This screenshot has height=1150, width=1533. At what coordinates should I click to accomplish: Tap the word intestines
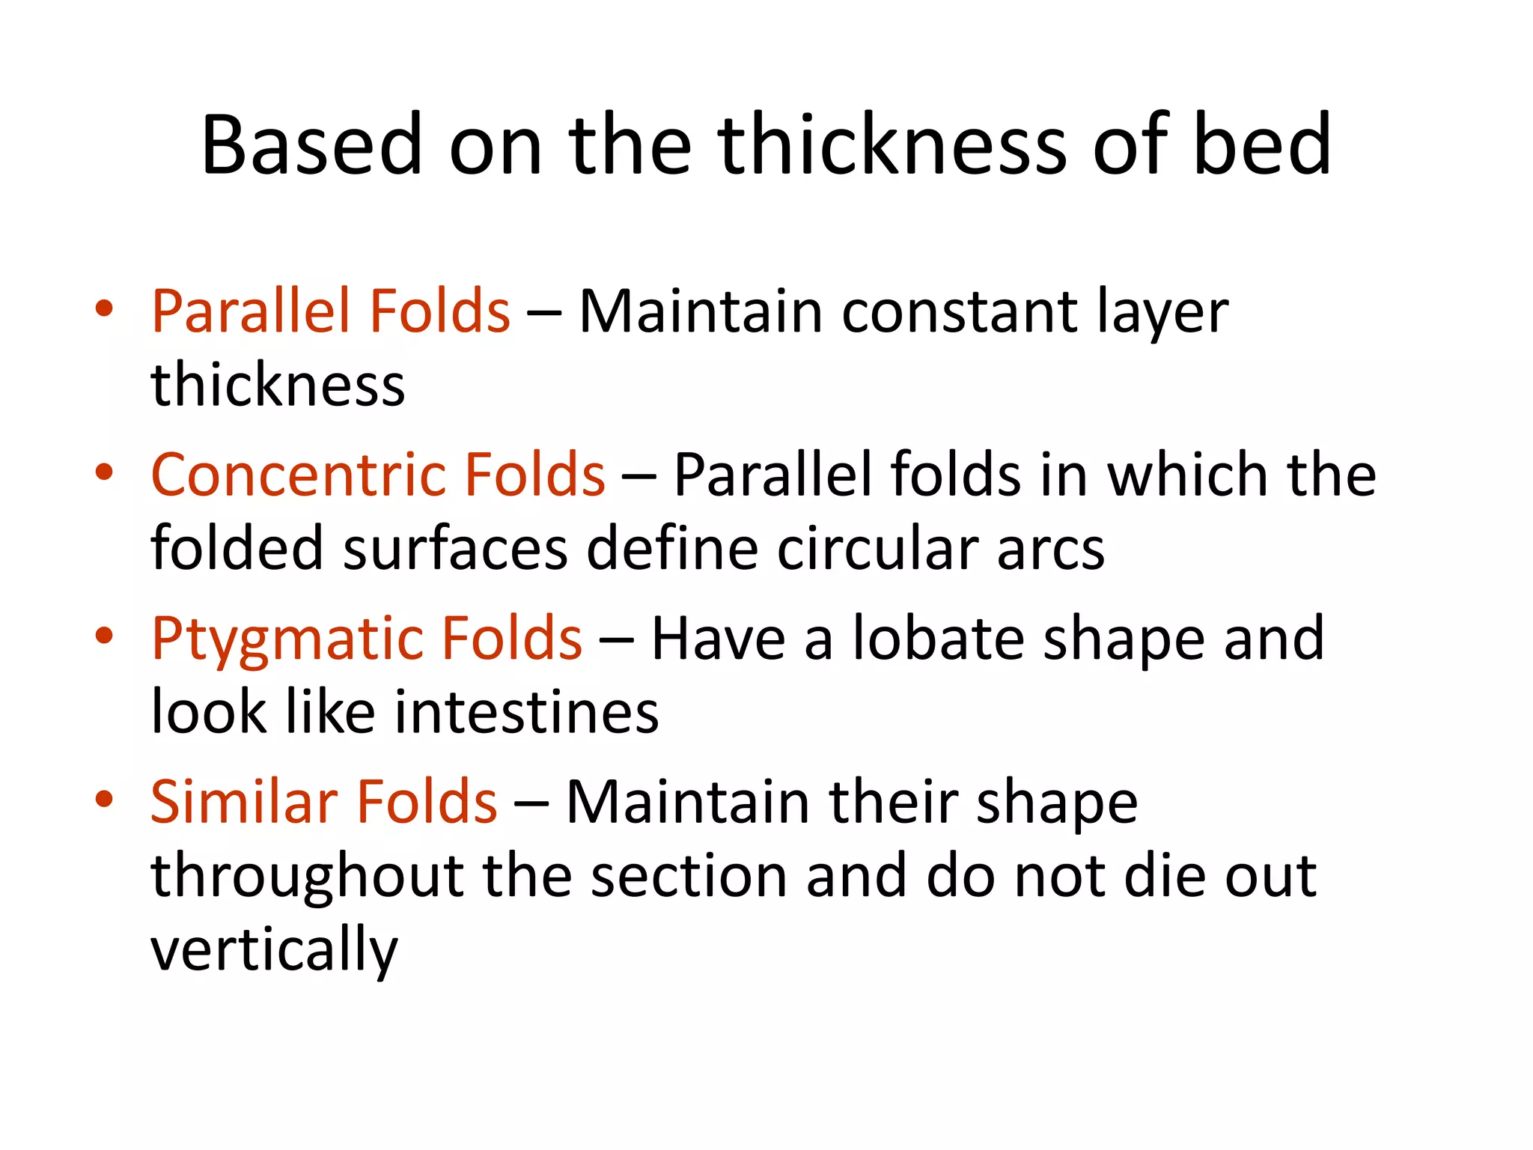coord(526,712)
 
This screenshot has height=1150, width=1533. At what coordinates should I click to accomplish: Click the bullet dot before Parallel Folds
coord(104,308)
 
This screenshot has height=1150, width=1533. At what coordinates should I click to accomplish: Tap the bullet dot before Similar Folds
coord(104,799)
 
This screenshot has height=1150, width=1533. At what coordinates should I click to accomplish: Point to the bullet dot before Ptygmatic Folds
coord(104,636)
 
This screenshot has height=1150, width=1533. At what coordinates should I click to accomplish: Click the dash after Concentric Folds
coord(639,476)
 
